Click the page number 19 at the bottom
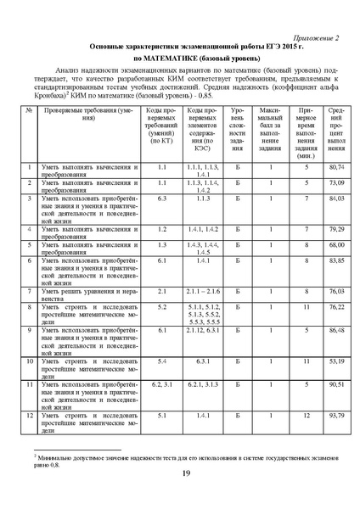(x=185, y=473)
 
